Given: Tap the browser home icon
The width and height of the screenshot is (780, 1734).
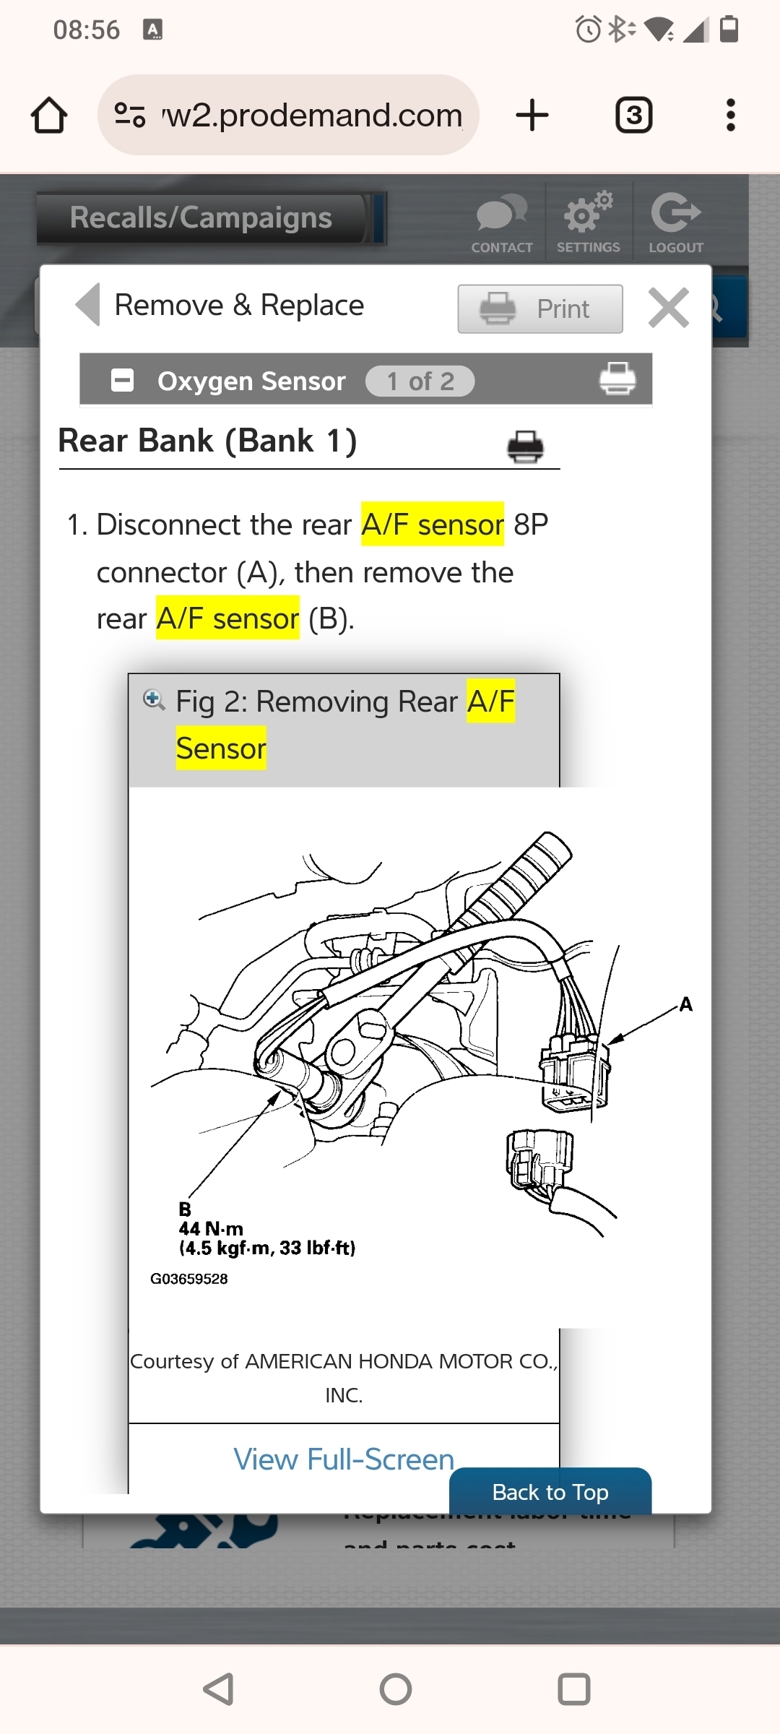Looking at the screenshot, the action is coord(49,116).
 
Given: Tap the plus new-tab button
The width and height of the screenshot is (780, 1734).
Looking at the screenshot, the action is coord(532,116).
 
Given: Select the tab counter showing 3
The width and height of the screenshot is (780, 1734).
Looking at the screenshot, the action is coord(633,116).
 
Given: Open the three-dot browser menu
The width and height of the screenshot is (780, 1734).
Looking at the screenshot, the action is coord(730,116).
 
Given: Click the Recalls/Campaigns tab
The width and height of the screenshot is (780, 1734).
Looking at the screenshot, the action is coord(201,218).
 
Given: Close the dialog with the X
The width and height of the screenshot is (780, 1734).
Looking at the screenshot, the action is coord(668,308).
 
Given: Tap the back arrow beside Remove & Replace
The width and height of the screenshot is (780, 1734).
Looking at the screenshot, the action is coord(88,305).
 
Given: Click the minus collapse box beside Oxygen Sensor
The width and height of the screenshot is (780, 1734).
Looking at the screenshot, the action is coord(122,380).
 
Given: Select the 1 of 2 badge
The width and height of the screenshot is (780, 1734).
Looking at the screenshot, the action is coord(420,381).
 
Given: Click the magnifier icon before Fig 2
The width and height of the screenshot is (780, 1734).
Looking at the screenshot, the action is coord(153,699).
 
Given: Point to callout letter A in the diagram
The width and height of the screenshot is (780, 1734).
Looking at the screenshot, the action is coord(685,1004).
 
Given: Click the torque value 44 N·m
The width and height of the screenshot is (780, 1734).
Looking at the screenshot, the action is coord(211,1228).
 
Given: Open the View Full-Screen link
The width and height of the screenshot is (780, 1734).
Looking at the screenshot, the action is coord(344,1459).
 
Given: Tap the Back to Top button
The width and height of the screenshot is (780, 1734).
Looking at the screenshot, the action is coord(550,1492).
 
